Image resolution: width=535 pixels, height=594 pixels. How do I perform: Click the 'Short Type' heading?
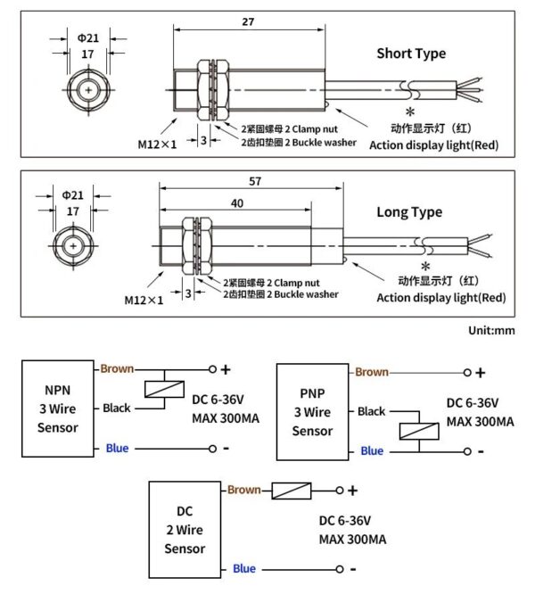pyautogui.click(x=411, y=54)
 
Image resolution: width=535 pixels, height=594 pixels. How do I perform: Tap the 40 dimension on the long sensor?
pyautogui.click(x=236, y=203)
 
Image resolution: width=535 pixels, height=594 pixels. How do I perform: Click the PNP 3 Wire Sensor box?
pyautogui.click(x=313, y=412)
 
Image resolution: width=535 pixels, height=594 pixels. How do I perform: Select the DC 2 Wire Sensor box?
pyautogui.click(x=185, y=532)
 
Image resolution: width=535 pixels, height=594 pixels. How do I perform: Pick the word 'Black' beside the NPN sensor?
pyautogui.click(x=116, y=408)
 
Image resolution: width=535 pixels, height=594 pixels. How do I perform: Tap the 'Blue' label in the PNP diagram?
pyautogui.click(x=372, y=451)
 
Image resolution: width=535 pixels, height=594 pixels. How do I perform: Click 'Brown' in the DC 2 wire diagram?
pyautogui.click(x=243, y=490)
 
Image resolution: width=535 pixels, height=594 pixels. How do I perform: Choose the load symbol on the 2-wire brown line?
pyautogui.click(x=291, y=490)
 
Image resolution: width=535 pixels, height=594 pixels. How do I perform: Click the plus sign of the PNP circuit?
pyautogui.click(x=481, y=373)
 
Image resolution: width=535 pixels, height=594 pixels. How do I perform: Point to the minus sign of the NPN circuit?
pyautogui.click(x=226, y=448)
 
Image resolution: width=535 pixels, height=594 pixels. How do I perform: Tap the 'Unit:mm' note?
pyautogui.click(x=491, y=330)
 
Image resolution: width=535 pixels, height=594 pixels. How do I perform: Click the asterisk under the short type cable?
pyautogui.click(x=410, y=111)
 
